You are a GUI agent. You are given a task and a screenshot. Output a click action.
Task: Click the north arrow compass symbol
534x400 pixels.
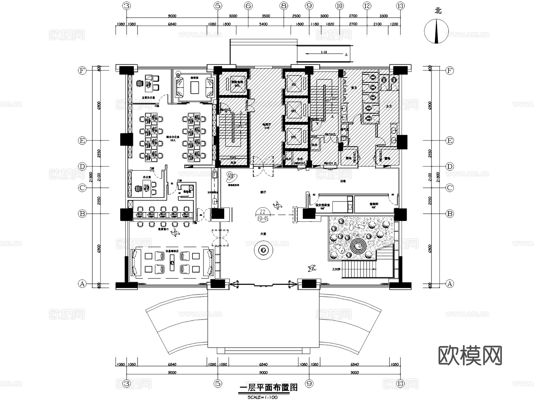[436, 31]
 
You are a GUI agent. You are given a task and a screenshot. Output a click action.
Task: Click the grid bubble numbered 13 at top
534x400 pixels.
[401, 6]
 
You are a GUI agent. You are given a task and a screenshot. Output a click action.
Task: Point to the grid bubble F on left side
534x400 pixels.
[82, 71]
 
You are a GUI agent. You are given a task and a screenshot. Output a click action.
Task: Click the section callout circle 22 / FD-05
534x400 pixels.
[263, 215]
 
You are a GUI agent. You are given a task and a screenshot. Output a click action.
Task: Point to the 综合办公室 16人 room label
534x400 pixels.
[173, 138]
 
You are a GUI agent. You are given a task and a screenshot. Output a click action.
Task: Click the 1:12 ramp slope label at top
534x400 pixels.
[324, 52]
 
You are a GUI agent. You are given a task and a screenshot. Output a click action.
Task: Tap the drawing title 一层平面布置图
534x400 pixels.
[268, 388]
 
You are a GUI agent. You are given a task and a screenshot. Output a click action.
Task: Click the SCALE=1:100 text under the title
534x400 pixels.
[262, 397]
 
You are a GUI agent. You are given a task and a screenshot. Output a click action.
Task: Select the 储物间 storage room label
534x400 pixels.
[374, 204]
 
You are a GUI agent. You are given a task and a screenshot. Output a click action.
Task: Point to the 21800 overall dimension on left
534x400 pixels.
[91, 177]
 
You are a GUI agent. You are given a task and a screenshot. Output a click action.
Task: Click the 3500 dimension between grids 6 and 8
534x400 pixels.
[266, 16]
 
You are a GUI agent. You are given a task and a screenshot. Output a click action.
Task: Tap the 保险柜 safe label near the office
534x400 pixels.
[187, 192]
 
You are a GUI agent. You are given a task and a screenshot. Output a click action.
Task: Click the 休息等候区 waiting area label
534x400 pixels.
[172, 251]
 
